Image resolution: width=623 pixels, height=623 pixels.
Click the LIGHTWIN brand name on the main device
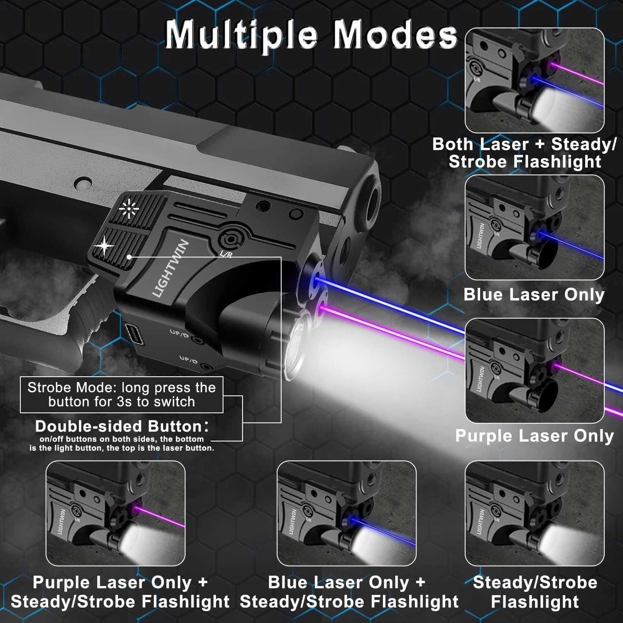tap(170, 268)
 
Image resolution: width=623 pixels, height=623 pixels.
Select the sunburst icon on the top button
tap(129, 208)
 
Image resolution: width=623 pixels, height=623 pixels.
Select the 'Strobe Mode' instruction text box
tap(121, 395)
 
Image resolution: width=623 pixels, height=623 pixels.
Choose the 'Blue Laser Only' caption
tap(534, 294)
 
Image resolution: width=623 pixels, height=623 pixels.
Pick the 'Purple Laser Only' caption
tap(534, 436)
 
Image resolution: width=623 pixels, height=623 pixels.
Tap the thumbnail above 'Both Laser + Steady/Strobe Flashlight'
tap(534, 81)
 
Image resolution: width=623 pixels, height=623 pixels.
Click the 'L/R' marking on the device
tap(226, 254)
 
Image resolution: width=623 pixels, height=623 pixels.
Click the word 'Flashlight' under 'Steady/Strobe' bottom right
tap(535, 602)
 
